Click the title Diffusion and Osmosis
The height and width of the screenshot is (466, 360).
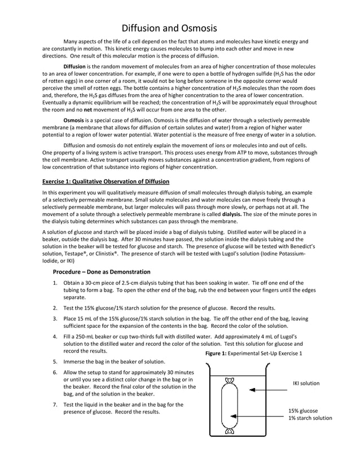pos(170,28)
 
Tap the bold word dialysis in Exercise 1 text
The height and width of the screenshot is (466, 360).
pos(234,214)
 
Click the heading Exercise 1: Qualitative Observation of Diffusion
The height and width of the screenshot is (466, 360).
pos(106,181)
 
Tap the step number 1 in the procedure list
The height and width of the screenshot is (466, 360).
pos(55,283)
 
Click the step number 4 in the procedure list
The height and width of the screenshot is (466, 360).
pos(55,337)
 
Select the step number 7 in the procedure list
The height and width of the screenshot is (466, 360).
pos(55,405)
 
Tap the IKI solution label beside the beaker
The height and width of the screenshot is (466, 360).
pos(306,384)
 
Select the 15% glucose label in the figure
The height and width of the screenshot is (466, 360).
pos(303,411)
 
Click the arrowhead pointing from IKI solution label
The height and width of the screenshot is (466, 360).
pos(251,390)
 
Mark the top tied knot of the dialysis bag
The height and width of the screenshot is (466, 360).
pos(229,380)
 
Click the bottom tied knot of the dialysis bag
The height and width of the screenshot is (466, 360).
pos(229,432)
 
